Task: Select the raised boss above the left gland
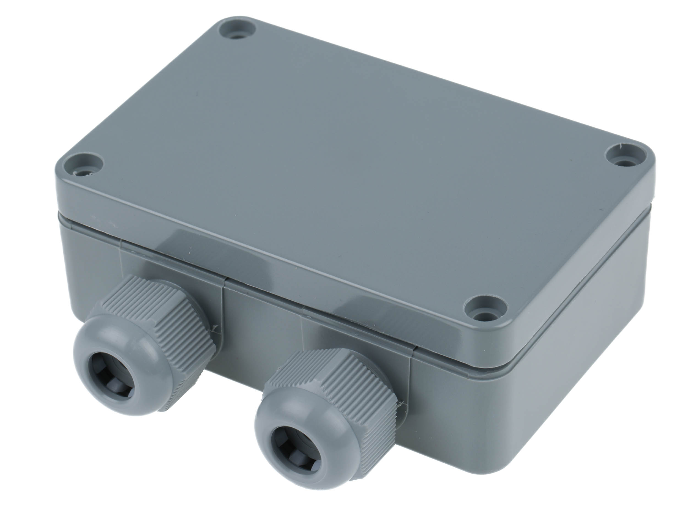pos(169,265)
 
